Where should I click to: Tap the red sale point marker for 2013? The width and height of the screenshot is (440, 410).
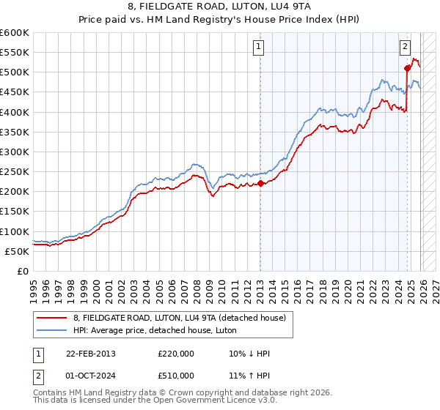[x=260, y=183]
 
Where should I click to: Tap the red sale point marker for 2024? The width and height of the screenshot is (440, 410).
[x=408, y=68]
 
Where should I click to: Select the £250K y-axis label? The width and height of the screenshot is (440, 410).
[x=14, y=171]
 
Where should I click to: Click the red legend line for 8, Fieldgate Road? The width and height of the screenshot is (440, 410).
[x=51, y=317]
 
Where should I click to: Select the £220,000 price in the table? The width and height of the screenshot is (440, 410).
[x=176, y=354]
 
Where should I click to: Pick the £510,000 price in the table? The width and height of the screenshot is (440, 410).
[x=176, y=376]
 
